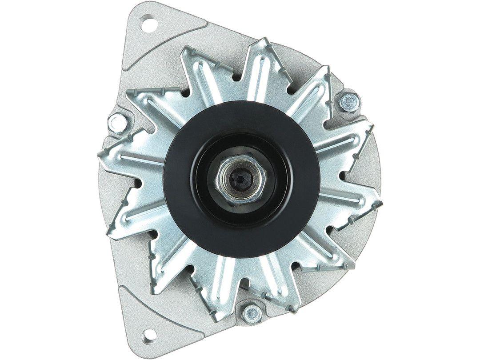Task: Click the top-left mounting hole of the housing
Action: pos(150,23)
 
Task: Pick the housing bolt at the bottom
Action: pos(252,313)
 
